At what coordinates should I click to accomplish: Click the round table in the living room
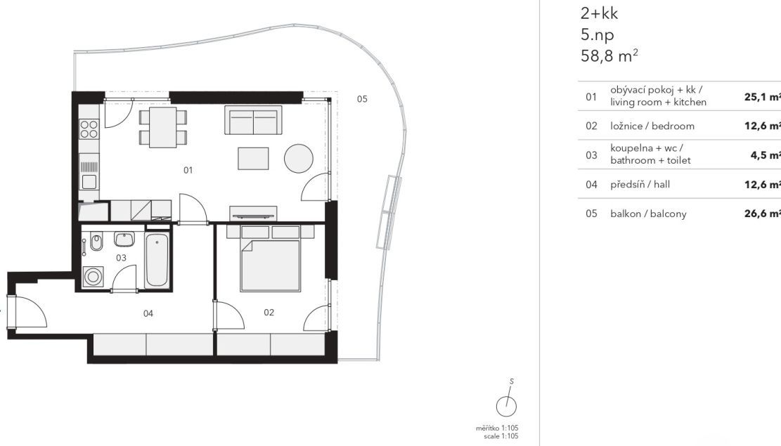[x=299, y=158]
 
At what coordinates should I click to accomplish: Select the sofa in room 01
[x=253, y=119]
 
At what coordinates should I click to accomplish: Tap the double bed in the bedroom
[x=271, y=258]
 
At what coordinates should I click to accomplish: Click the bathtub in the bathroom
[x=157, y=259]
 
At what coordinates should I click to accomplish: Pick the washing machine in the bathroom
[x=93, y=276]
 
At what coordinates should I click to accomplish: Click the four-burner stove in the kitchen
[x=89, y=129]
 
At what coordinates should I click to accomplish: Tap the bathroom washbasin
[x=124, y=239]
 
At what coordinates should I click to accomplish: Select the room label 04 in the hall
[x=148, y=313]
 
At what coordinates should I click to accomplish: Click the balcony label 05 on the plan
[x=362, y=99]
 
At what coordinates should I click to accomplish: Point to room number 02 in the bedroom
[x=269, y=312]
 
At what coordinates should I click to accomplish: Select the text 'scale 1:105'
[x=501, y=436]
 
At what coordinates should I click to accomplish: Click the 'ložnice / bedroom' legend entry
[x=652, y=126]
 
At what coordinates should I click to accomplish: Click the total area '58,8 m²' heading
[x=609, y=55]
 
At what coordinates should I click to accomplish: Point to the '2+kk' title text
[x=599, y=13]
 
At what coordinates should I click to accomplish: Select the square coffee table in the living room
[x=253, y=158]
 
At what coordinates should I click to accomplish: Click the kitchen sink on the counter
[x=89, y=181]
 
